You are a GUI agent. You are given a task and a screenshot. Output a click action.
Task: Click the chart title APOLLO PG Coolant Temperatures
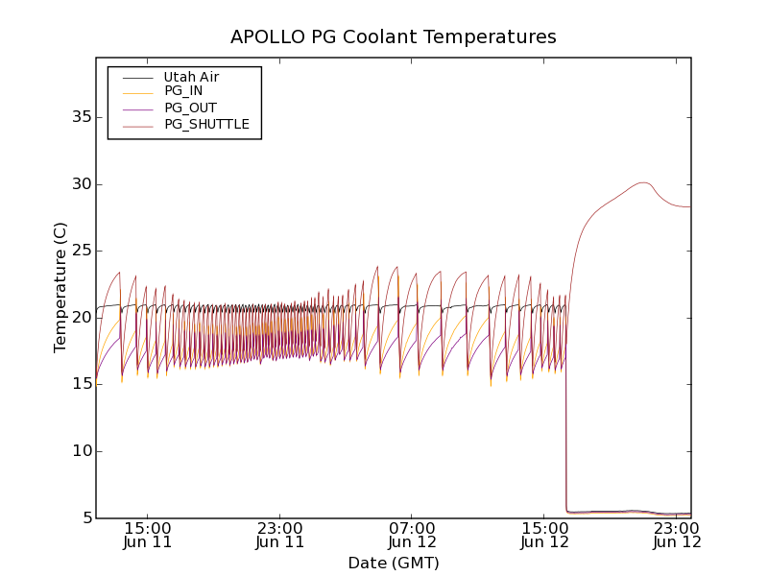click(x=393, y=37)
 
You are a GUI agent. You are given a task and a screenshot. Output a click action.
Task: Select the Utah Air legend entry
click(x=191, y=77)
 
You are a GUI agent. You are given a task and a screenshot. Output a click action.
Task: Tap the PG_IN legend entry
click(x=183, y=91)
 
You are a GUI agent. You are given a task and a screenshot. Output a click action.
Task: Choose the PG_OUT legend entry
click(x=190, y=108)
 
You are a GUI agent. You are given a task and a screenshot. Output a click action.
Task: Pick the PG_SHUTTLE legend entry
click(x=206, y=124)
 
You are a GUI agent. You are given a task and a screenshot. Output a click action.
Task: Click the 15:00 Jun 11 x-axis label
click(x=148, y=535)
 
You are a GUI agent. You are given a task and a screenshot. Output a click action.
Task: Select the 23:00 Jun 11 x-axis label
click(x=280, y=535)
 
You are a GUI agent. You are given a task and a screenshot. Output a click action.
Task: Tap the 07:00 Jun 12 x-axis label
click(x=413, y=535)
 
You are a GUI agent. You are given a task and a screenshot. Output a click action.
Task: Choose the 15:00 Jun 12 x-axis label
click(x=544, y=535)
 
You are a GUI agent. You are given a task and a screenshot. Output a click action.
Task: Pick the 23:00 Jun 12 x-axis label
click(x=677, y=535)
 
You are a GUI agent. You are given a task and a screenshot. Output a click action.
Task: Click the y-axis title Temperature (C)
click(x=60, y=287)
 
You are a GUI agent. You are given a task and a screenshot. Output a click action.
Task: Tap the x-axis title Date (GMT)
click(x=393, y=563)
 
